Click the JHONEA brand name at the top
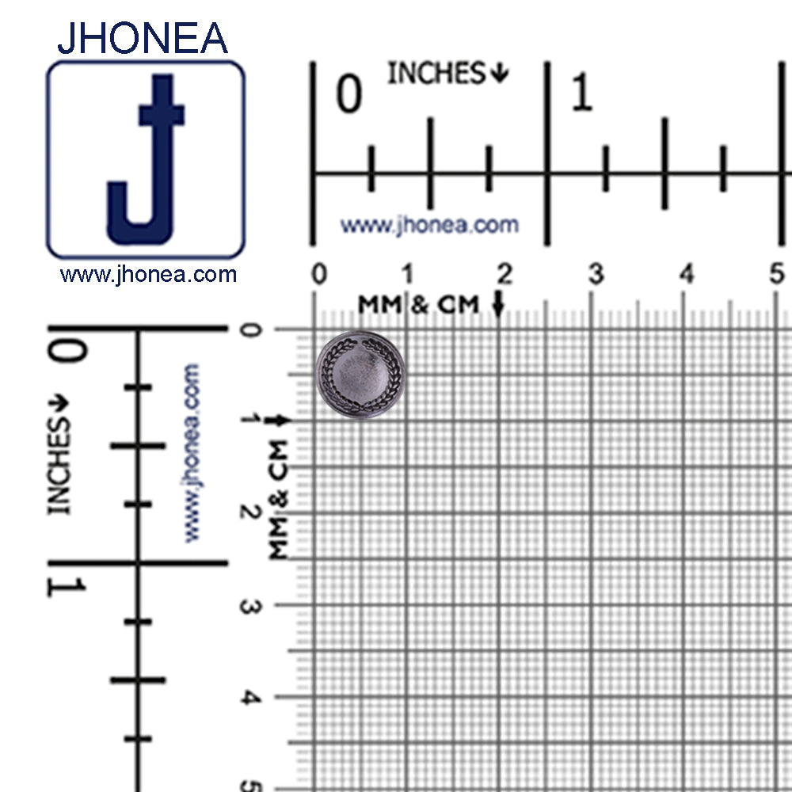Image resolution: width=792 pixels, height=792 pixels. click(x=143, y=38)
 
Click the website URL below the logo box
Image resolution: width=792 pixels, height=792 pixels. click(x=148, y=275)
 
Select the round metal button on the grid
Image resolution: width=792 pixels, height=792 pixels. click(x=360, y=375)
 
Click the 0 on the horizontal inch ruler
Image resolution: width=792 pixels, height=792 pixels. click(x=349, y=93)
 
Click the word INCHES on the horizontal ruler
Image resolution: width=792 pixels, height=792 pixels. click(x=436, y=73)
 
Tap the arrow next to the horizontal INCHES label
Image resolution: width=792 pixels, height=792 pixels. click(x=500, y=73)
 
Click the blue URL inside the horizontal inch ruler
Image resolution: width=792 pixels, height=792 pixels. click(x=429, y=225)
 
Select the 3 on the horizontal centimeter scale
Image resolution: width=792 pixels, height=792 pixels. click(x=596, y=274)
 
